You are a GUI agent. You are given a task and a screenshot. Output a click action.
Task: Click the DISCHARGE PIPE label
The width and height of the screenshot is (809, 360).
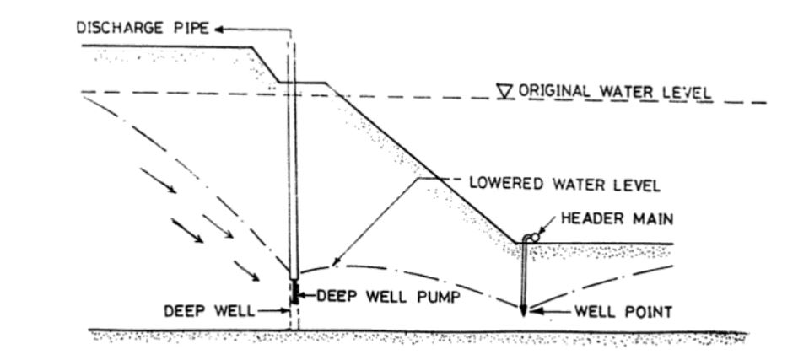click(x=143, y=29)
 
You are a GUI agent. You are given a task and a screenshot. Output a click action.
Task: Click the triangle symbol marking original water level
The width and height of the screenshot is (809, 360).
click(x=506, y=90)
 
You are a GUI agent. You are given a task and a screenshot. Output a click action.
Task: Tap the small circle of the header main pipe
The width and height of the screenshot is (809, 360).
click(x=533, y=239)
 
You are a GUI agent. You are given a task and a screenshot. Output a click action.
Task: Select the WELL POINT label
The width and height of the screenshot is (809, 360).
click(x=623, y=312)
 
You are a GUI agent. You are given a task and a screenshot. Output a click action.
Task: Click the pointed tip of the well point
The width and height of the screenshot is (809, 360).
click(x=524, y=313)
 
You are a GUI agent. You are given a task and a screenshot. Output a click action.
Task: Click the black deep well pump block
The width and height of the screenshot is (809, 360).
click(x=294, y=292)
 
